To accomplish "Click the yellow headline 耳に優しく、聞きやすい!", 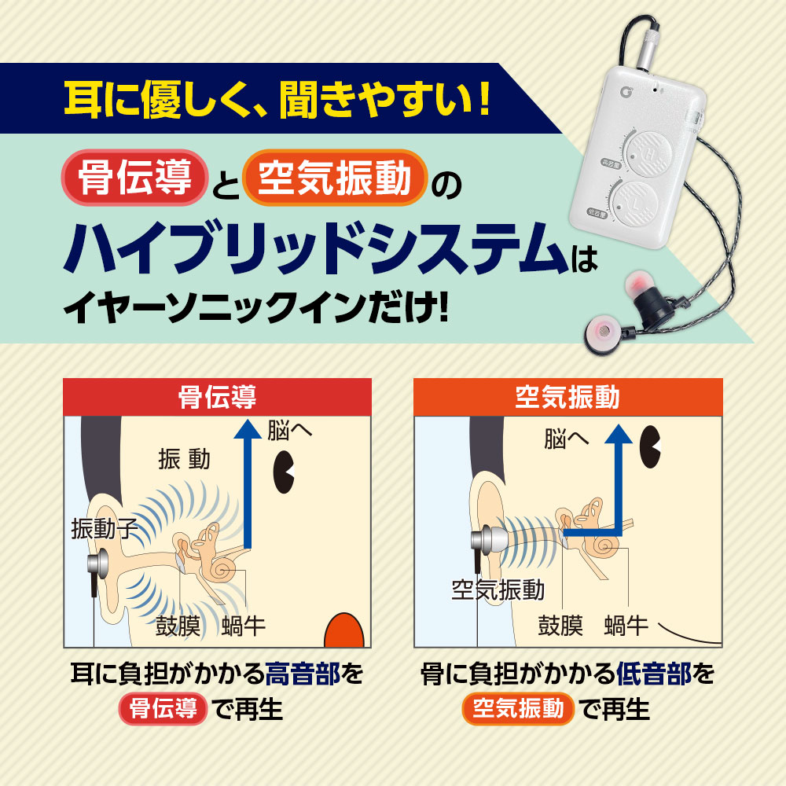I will click(x=276, y=101).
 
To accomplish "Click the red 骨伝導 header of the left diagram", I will click(x=217, y=397).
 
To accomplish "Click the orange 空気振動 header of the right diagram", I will click(x=567, y=397).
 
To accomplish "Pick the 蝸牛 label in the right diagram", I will click(x=626, y=626).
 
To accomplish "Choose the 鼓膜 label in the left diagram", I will click(x=180, y=626).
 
